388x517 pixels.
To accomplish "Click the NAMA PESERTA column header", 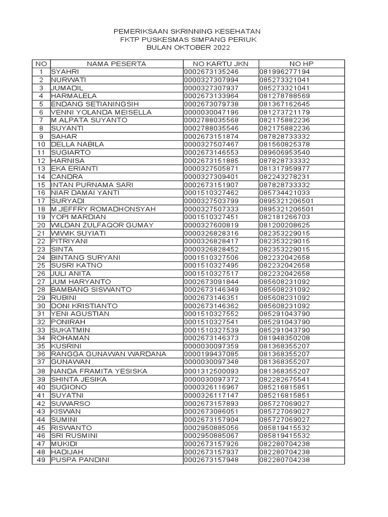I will tap(116, 64).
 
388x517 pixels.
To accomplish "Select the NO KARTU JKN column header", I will tap(220, 64).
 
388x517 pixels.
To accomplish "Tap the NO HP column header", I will tap(302, 64).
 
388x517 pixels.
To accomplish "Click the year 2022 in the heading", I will tap(220, 48).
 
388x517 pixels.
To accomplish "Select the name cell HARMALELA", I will tap(74, 96).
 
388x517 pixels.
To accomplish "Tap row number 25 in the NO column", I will tap(41, 266).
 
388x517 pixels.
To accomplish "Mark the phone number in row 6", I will tap(284, 112).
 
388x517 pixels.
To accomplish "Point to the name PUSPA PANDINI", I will tap(80, 460).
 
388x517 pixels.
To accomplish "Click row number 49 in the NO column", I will tap(41, 460).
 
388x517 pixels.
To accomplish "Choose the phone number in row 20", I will tap(284, 225).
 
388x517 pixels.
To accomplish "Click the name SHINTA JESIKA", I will tap(76, 379).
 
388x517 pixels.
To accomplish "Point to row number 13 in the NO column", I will tap(41, 169).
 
